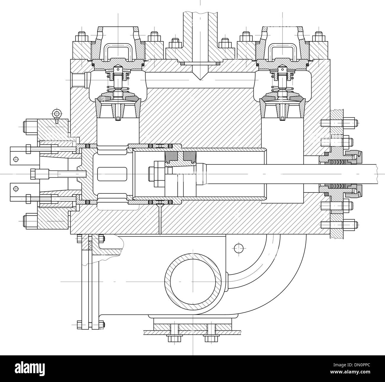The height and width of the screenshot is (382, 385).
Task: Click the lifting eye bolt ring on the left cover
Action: coord(56,113)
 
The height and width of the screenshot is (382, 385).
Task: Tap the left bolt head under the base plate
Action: coord(171,338)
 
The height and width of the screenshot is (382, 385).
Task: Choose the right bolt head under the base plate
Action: coord(209,338)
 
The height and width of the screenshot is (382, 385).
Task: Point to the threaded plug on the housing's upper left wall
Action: coord(78,79)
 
